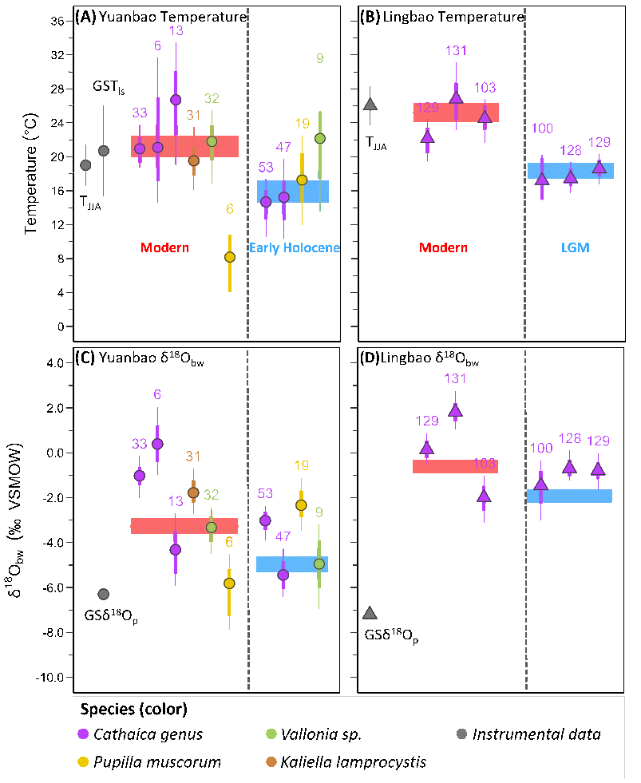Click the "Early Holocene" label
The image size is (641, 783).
click(x=295, y=247)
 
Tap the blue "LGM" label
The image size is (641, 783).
click(x=575, y=247)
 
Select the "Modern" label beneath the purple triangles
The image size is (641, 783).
click(x=443, y=247)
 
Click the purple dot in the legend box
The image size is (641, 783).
click(x=83, y=734)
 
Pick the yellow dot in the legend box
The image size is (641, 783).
click(x=83, y=761)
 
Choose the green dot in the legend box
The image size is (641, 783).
click(x=271, y=734)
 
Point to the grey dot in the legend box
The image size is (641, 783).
click(x=461, y=734)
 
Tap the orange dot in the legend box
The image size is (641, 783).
click(x=271, y=761)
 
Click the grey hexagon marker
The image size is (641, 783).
click(x=85, y=165)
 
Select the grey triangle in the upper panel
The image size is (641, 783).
click(x=370, y=104)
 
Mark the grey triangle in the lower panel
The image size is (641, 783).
click(x=370, y=612)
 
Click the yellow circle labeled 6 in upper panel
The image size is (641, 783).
click(x=230, y=257)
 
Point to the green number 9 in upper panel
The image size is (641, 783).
click(x=319, y=58)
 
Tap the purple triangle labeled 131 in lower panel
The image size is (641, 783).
click(x=455, y=410)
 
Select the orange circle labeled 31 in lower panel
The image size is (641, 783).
click(x=193, y=492)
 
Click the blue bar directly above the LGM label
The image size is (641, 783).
click(x=570, y=170)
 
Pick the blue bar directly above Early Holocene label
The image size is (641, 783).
click(x=293, y=190)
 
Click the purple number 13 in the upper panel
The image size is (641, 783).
click(x=176, y=30)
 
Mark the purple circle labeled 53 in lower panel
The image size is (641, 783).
click(x=265, y=520)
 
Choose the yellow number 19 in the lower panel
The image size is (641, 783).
click(x=301, y=465)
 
